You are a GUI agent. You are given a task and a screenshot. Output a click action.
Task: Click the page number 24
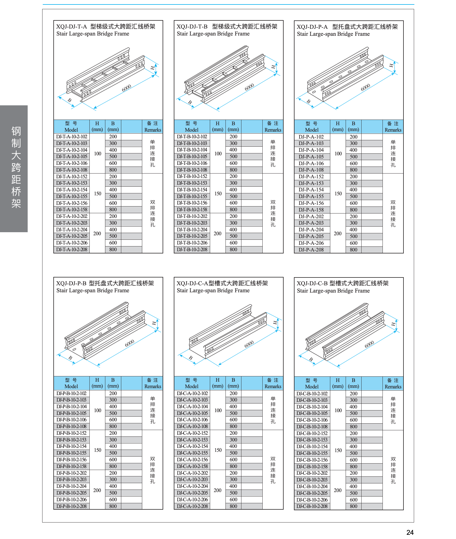[x=410, y=532]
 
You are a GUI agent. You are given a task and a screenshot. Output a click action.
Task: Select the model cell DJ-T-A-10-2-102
[x=72, y=137]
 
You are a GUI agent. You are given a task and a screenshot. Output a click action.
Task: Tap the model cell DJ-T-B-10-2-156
[x=192, y=203]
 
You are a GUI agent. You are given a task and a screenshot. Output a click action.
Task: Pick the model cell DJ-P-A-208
[x=311, y=250]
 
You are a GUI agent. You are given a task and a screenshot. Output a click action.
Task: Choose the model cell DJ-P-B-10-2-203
[x=72, y=479]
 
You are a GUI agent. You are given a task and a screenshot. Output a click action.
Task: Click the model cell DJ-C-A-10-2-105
[x=192, y=413]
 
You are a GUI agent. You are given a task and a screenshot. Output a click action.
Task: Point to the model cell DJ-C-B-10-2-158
[x=312, y=466]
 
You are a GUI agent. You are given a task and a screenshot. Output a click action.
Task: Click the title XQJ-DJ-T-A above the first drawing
[x=72, y=27]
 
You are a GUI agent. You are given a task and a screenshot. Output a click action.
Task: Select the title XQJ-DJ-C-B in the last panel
[x=312, y=283]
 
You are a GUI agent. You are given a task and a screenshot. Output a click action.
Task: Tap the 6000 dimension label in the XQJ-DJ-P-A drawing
[x=365, y=87]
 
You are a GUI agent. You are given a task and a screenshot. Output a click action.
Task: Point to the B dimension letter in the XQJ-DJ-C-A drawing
[x=191, y=358]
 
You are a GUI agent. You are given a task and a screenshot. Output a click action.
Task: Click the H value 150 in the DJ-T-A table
[x=98, y=193]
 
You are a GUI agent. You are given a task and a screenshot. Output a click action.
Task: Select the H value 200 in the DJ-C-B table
[x=338, y=490]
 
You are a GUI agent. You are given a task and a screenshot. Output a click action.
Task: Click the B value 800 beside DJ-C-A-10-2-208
[x=233, y=506]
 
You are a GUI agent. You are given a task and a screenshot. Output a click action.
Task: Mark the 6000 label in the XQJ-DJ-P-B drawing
[x=130, y=343]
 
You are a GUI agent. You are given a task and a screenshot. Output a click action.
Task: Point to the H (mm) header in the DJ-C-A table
[x=217, y=383]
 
